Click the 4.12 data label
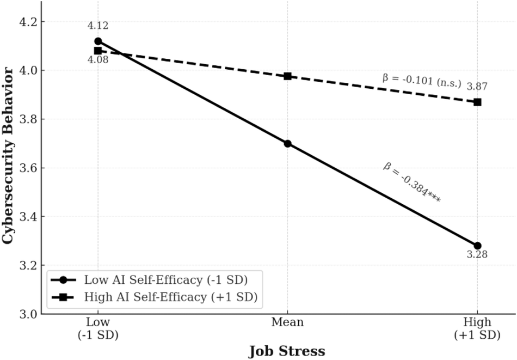click(x=98, y=26)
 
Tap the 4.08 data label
click(x=98, y=59)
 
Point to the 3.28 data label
click(x=477, y=254)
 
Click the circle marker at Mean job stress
click(x=287, y=144)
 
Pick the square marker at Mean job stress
click(x=287, y=76)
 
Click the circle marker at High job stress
click(x=477, y=246)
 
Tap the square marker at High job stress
click(x=477, y=102)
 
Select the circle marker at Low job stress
click(x=98, y=41)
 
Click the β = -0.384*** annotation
click(x=411, y=184)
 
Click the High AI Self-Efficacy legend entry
click(x=155, y=297)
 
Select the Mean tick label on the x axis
click(x=287, y=322)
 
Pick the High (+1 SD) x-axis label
click(x=477, y=328)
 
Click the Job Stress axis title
click(x=287, y=351)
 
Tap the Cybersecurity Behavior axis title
click(x=9, y=156)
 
